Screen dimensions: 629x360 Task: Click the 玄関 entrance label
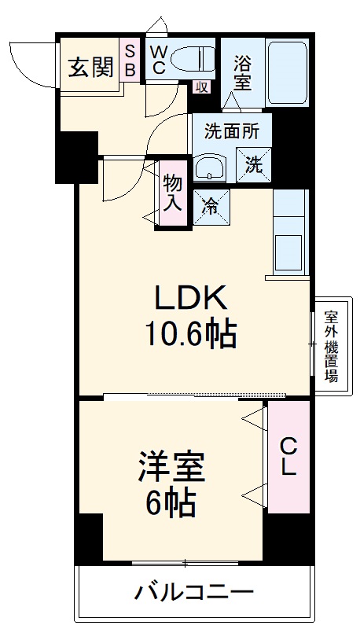coord(90,68)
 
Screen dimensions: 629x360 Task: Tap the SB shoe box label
coord(130,61)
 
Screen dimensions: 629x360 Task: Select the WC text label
coord(158,60)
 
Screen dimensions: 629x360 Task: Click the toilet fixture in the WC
coord(193,59)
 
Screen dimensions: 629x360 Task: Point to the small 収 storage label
coord(200,87)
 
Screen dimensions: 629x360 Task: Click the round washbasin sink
coord(210,168)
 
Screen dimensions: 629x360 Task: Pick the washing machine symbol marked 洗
coord(253,167)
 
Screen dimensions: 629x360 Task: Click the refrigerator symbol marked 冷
coord(211,207)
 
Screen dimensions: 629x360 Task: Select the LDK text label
coord(191,299)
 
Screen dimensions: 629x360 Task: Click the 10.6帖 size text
coord(191,336)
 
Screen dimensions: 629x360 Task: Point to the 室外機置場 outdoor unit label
coord(332,346)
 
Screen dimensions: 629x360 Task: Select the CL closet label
coord(288,458)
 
